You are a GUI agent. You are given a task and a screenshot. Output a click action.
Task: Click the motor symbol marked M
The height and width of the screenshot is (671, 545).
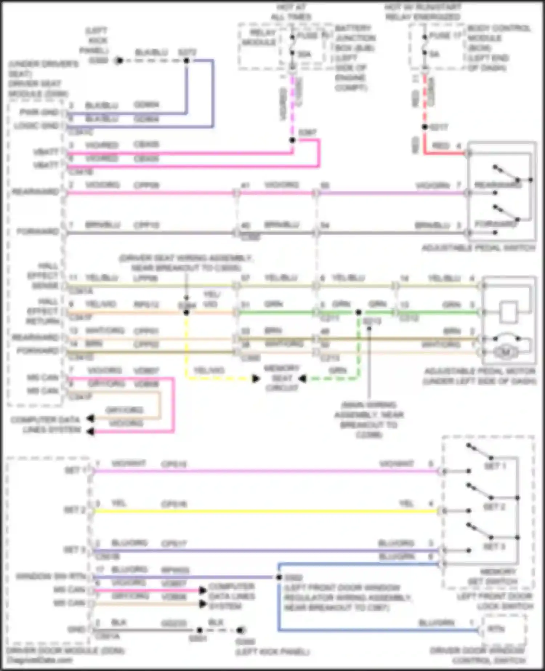click(x=505, y=352)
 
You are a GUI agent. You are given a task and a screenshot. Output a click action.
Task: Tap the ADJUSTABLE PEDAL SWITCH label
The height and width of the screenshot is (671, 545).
click(x=478, y=248)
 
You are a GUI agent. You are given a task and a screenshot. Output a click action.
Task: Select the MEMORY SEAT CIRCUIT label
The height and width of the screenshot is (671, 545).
click(x=282, y=378)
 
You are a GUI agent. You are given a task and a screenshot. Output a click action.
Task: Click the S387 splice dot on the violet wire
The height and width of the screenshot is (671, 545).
click(x=292, y=140)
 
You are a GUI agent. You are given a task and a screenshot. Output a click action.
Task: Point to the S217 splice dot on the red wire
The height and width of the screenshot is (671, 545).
click(x=424, y=127)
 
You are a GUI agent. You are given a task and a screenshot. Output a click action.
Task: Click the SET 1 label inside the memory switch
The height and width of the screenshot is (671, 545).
click(x=495, y=466)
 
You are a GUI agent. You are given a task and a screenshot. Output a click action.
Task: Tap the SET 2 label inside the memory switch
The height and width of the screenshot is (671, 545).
click(x=494, y=507)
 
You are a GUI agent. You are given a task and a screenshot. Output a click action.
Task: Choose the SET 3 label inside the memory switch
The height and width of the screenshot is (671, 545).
click(x=494, y=547)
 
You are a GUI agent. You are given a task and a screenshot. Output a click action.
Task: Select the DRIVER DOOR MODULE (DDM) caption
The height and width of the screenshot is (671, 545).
click(x=65, y=650)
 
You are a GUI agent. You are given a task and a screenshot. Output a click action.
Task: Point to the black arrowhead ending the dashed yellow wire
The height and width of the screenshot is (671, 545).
click(x=256, y=379)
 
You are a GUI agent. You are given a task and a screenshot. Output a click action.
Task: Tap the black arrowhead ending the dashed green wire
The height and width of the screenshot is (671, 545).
click(x=302, y=379)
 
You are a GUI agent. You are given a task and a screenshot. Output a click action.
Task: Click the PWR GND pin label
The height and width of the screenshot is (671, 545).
click(x=39, y=112)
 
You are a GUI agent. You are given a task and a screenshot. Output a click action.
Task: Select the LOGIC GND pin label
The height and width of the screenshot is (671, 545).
click(x=36, y=126)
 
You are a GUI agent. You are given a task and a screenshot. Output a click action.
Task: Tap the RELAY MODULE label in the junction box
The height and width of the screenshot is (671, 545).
click(x=259, y=37)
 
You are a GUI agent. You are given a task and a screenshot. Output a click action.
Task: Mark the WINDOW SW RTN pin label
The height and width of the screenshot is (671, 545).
click(x=51, y=576)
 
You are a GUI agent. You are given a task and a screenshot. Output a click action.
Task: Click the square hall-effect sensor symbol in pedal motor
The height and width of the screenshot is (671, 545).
click(x=508, y=312)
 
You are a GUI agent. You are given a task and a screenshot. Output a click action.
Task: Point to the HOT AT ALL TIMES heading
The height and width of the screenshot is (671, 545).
click(x=291, y=12)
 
